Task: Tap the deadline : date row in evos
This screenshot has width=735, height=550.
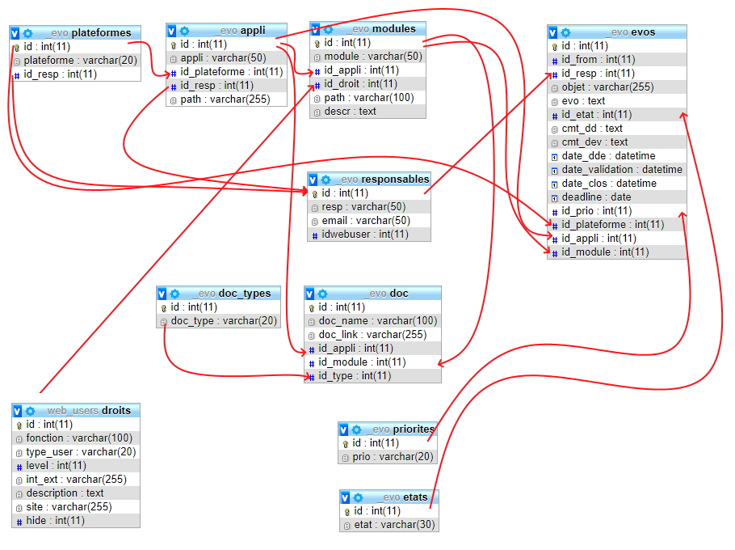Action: tap(597, 197)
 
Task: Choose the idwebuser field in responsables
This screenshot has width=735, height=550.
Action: tap(364, 235)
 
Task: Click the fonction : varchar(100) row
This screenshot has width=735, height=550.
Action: tap(79, 438)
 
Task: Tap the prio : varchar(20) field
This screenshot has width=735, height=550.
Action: tap(393, 457)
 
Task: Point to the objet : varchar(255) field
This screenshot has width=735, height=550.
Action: tap(607, 87)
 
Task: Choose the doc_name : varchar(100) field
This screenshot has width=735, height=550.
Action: tap(377, 321)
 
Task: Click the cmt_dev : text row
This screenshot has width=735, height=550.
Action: tap(594, 142)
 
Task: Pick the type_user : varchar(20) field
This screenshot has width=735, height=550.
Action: tap(81, 452)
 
